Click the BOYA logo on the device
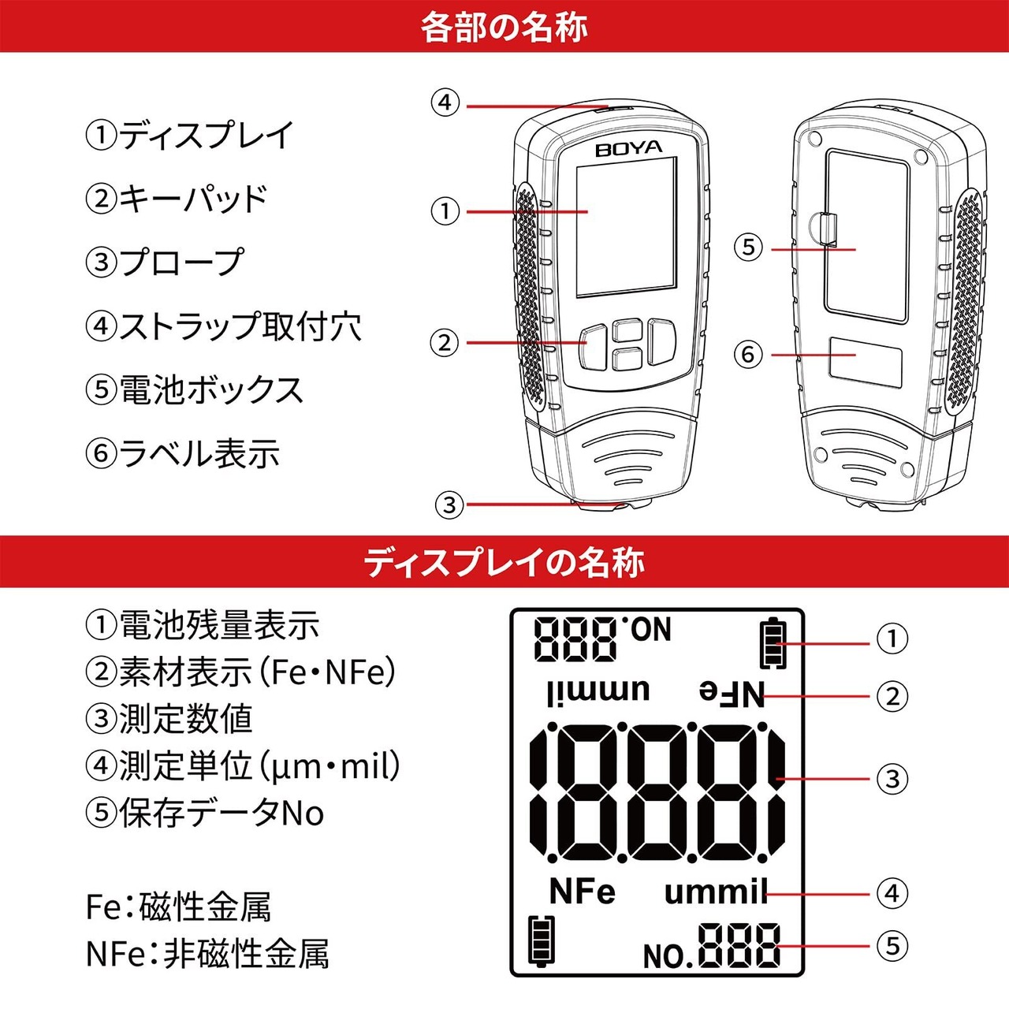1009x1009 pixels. point(628,148)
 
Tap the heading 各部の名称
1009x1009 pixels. point(504,27)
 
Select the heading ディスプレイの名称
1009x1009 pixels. point(504,562)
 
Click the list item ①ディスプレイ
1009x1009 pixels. point(189,135)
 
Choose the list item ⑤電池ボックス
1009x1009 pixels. point(195,390)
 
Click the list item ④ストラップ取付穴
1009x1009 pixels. point(224,326)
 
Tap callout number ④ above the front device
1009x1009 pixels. point(445,102)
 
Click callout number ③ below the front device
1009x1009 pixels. point(449,504)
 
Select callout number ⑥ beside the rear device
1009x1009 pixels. point(748,354)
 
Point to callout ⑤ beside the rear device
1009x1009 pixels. point(748,248)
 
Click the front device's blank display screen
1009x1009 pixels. point(626,227)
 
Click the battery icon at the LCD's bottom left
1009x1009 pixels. point(541,940)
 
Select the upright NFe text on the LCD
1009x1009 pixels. point(582,892)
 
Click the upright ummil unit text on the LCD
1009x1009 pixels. point(714,892)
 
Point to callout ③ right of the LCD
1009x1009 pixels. point(892,779)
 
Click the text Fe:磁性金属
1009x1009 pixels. point(178,907)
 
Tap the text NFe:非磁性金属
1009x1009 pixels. point(207,954)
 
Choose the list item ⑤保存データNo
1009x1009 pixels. point(205,813)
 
